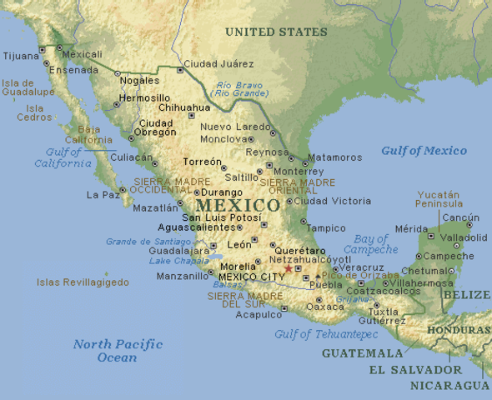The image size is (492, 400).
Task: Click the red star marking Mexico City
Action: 289,268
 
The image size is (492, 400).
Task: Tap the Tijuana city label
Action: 21,57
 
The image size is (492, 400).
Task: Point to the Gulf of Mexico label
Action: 424,151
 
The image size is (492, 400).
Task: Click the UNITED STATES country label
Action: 276,32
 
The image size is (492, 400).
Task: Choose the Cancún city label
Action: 460,217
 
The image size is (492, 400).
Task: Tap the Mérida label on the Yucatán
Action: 411,228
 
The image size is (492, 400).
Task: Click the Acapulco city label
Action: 259,314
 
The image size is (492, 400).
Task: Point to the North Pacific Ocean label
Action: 105,350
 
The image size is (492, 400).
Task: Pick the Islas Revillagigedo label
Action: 83,282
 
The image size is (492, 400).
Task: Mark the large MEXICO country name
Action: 238,205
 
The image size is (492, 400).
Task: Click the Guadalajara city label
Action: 179,251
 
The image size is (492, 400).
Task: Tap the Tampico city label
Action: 326,227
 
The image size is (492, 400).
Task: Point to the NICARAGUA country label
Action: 449,385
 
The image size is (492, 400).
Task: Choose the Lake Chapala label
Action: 178,261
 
